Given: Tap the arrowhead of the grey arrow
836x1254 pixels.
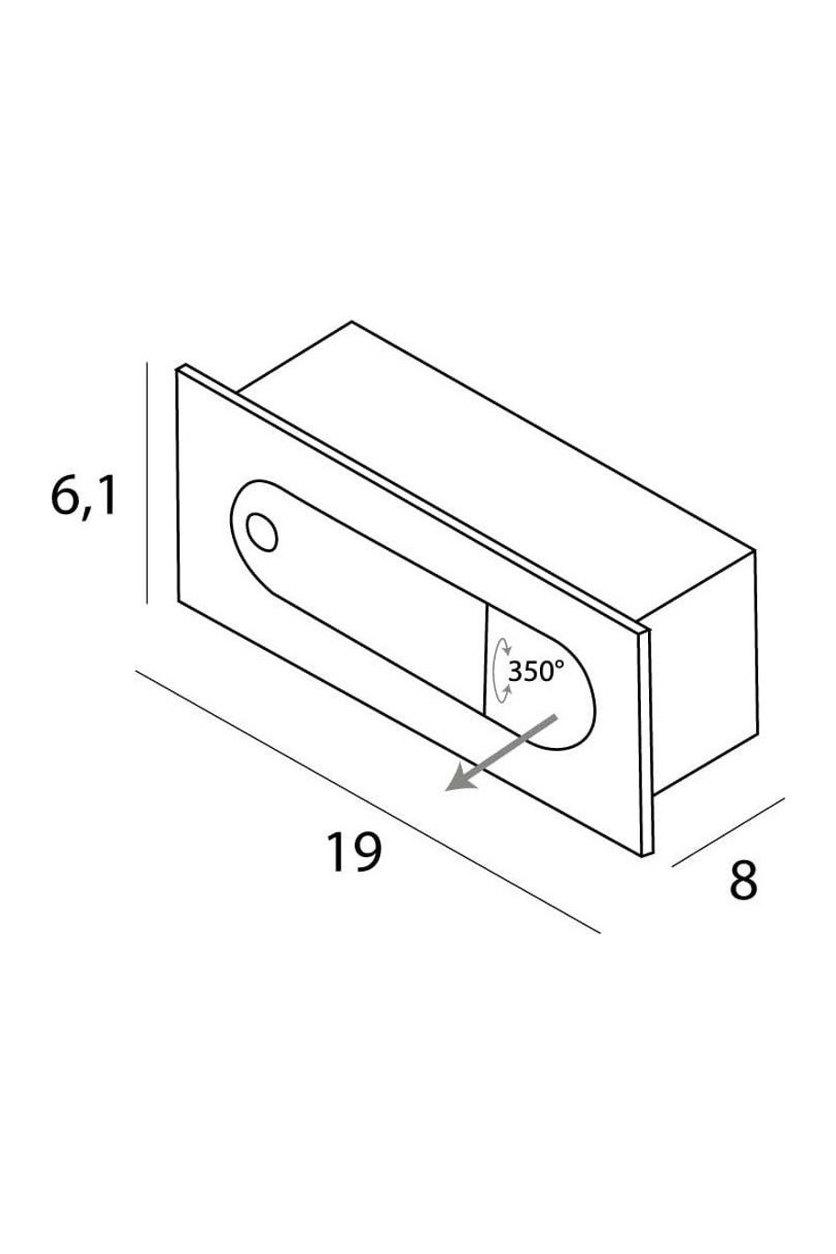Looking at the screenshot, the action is pos(460,778).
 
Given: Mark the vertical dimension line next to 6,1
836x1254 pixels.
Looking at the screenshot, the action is pos(147,482).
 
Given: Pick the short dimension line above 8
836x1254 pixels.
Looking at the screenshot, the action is pos(727,832).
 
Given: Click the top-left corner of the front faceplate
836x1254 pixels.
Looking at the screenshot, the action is pos(177,370).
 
